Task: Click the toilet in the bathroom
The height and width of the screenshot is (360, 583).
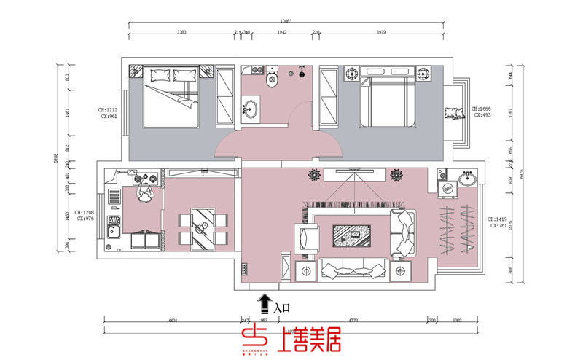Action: [x=273, y=79]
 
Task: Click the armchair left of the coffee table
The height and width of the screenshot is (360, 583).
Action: [x=306, y=239]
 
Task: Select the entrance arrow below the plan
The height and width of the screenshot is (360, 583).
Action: [x=262, y=302]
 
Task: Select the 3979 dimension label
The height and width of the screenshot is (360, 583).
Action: [x=382, y=33]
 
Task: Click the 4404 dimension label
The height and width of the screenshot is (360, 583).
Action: [x=172, y=320]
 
